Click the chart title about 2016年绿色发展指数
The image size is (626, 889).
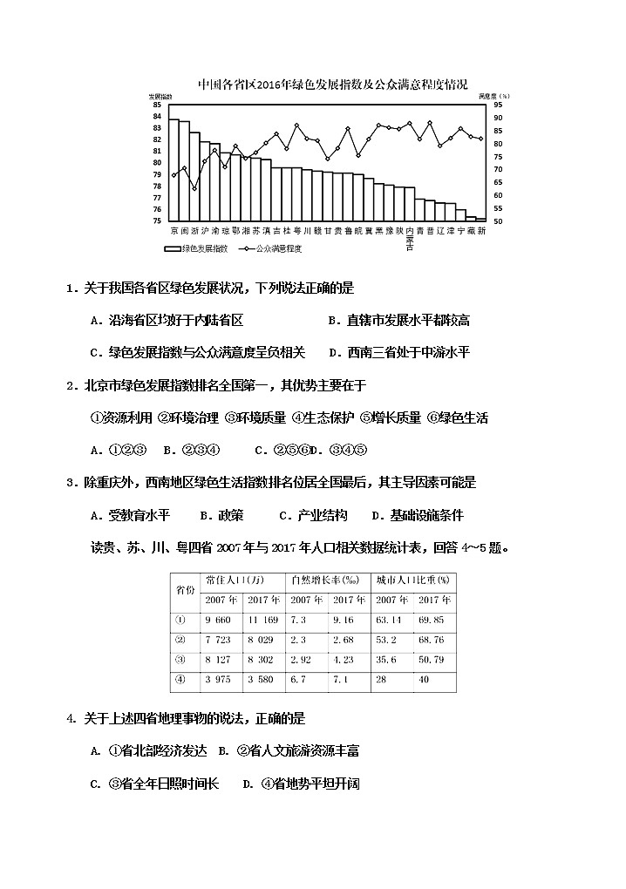(332, 85)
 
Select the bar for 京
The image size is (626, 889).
(174, 170)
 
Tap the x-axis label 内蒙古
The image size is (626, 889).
(410, 239)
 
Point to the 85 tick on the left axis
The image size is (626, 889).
(157, 105)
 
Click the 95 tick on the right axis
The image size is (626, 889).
(498, 105)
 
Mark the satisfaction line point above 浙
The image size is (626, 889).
(194, 188)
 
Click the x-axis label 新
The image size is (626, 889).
(482, 231)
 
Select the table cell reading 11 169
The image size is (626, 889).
(262, 620)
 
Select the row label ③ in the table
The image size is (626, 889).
(181, 659)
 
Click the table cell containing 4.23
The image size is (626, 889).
(347, 659)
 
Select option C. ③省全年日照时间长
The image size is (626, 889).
(156, 784)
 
